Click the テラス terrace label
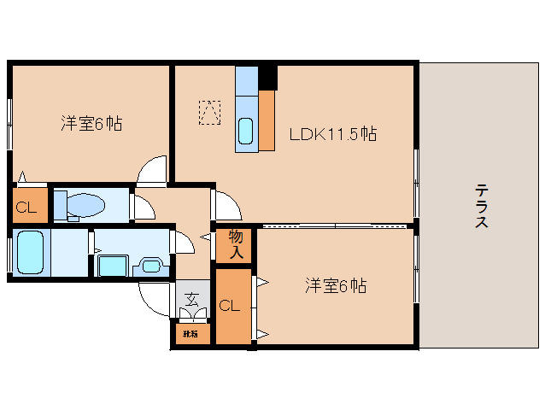coord(482,206)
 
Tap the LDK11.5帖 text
coord(333,134)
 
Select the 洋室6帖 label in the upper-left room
coord(91,123)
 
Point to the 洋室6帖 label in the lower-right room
coord(336,286)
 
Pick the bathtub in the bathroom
coord(30,251)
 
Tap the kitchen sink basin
coord(246,132)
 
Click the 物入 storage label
coord(236,244)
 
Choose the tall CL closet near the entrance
coord(231,306)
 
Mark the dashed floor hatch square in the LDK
coord(210,112)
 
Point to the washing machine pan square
coord(112,266)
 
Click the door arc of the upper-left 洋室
coord(154,171)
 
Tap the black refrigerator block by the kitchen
coord(268,78)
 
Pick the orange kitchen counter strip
coord(267,119)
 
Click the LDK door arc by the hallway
coord(227,206)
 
